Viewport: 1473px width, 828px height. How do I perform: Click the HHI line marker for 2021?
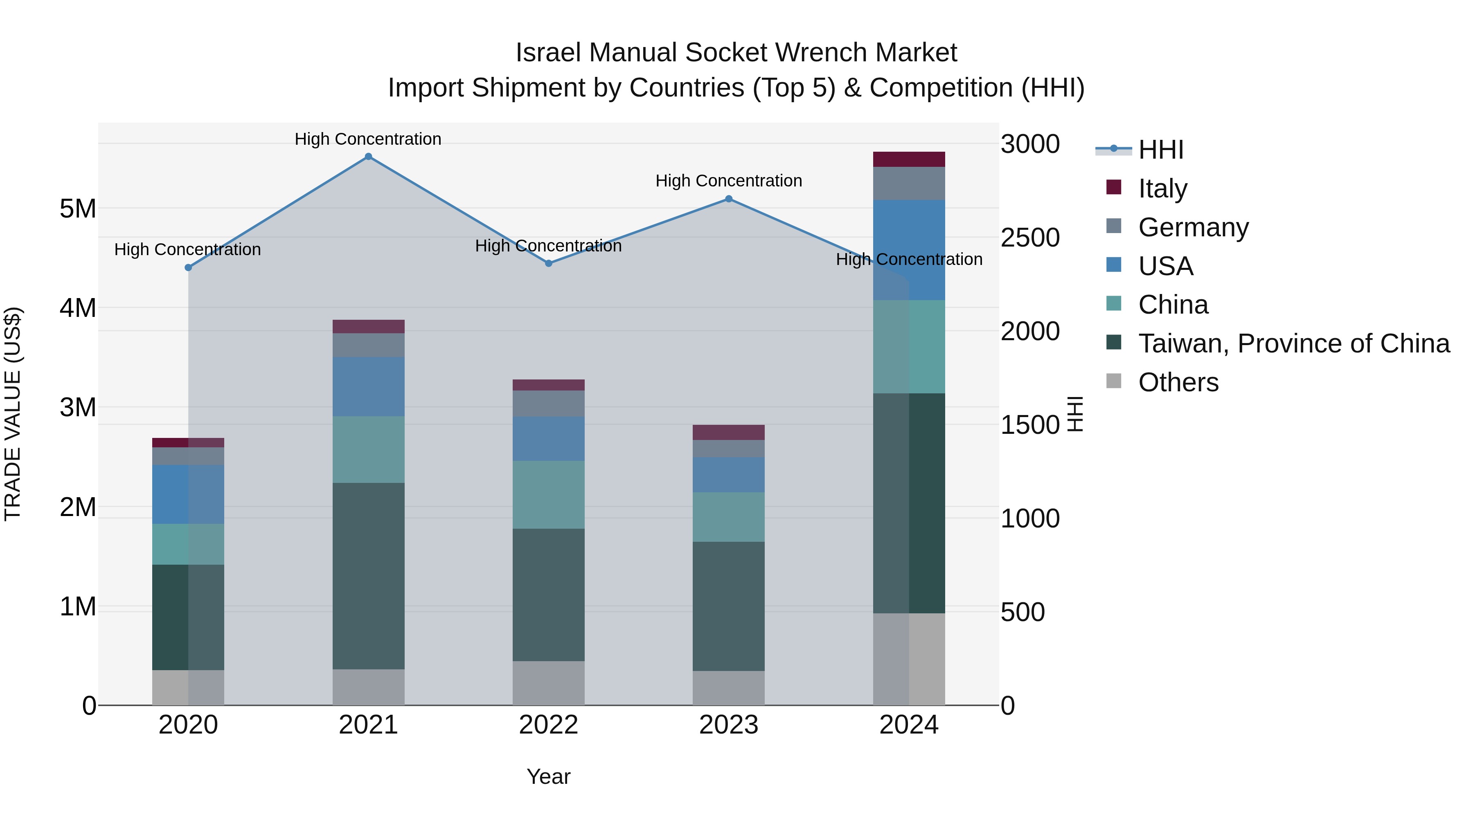[368, 157]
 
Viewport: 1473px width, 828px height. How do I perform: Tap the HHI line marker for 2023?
[728, 199]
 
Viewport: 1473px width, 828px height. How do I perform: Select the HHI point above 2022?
[548, 263]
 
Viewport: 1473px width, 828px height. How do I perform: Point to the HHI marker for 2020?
[188, 267]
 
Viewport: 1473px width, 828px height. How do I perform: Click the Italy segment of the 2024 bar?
[909, 159]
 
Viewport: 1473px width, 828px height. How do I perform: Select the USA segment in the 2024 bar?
[909, 250]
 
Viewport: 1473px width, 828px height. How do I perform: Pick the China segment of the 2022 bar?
[548, 494]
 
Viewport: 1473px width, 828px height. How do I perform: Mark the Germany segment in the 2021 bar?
[368, 345]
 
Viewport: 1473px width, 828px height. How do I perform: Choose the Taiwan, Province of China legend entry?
[1293, 343]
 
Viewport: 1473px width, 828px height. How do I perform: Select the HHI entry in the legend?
[1160, 150]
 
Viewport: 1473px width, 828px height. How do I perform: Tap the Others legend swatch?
[1114, 381]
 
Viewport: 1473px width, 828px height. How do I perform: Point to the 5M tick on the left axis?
[78, 209]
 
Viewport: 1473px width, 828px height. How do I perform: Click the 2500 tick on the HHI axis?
[1030, 238]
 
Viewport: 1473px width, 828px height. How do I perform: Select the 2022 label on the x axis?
[548, 725]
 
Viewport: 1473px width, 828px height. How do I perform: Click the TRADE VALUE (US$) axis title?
[13, 414]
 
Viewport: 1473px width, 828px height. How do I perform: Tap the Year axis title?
[548, 776]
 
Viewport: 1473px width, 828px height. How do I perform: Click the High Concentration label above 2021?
[368, 139]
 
